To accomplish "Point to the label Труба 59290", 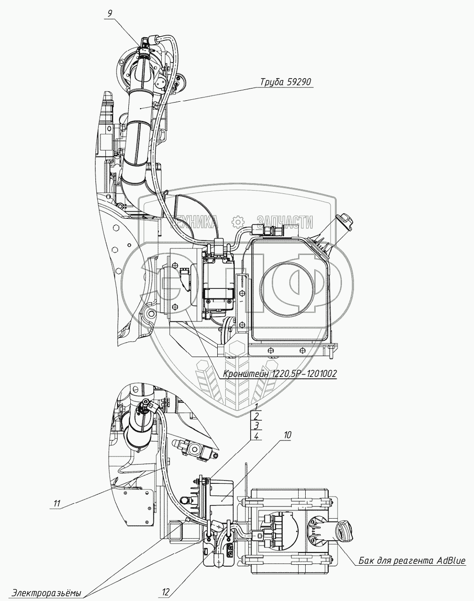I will point(286,82).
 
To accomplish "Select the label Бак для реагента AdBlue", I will point(412,560).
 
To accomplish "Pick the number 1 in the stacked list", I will point(256,406).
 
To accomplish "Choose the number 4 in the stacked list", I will point(256,436).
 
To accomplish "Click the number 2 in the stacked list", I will point(256,416).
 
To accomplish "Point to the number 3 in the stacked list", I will point(256,426).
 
